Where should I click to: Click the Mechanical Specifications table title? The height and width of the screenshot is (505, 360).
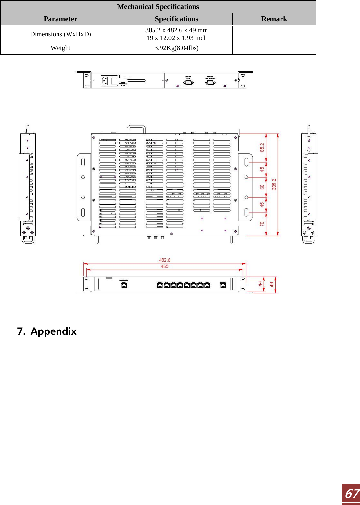[158, 7]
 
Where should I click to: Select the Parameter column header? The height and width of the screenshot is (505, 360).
[60, 19]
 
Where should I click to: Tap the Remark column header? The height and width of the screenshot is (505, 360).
[274, 19]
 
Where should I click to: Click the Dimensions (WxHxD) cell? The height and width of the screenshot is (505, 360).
[60, 34]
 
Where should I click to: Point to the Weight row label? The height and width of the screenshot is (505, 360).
[60, 48]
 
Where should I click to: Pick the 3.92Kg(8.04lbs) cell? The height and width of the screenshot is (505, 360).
[176, 48]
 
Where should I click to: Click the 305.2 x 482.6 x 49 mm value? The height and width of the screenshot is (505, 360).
[176, 30]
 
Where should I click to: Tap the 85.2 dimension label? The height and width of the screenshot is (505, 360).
[262, 147]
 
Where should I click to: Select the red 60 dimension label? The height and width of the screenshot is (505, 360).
[262, 187]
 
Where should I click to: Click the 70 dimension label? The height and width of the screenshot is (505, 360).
[262, 224]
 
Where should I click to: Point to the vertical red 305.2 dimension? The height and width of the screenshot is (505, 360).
[274, 184]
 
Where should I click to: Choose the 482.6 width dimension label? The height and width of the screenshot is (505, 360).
[164, 260]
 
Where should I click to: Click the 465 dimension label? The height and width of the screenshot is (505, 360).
[164, 266]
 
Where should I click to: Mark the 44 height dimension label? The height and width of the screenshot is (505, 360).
[260, 284]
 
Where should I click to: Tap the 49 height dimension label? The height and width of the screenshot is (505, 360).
[272, 285]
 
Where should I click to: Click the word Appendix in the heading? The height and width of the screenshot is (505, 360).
[53, 331]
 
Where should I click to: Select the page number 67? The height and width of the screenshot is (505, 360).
[351, 494]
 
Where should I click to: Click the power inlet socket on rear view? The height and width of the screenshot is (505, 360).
[105, 80]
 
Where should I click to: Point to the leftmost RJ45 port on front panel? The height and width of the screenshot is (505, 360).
[124, 285]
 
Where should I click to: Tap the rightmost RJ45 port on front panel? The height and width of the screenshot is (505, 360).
[223, 285]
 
